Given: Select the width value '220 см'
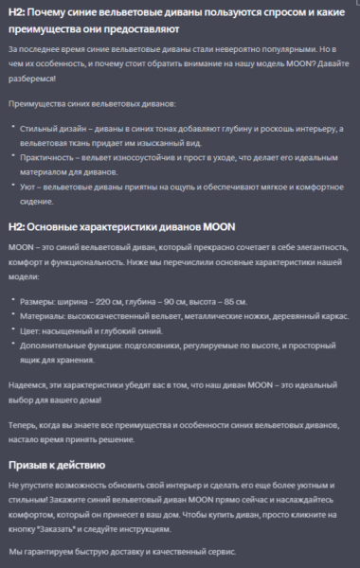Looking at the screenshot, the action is pyautogui.click(x=123, y=300).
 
